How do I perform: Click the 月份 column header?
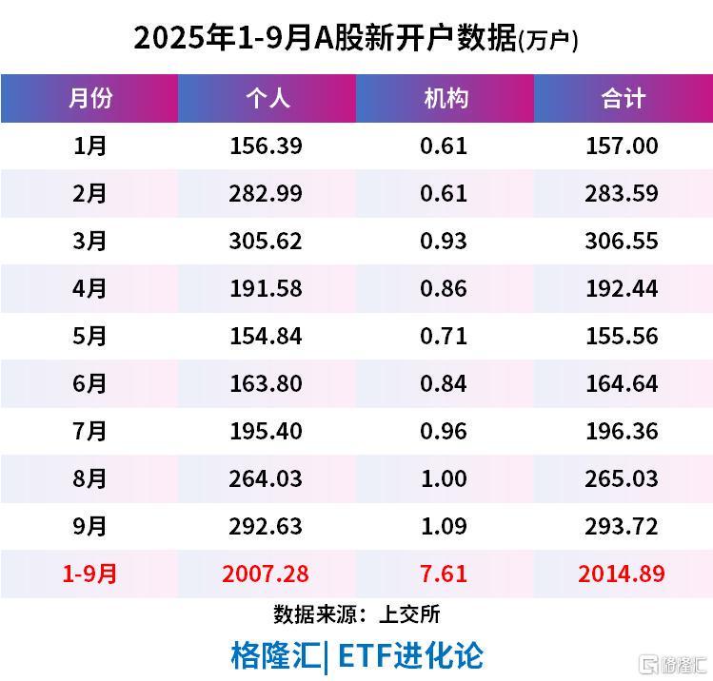pos(89,98)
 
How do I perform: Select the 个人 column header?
pos(267,98)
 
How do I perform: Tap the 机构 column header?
pos(445,98)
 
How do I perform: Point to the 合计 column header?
pos(624,98)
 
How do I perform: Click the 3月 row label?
pos(89,241)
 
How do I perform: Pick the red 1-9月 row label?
pos(89,574)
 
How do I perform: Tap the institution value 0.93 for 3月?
pos(444,241)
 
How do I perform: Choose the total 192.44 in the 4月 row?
pos(623,288)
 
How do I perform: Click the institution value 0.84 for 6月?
pos(444,383)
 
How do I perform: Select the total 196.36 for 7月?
pos(623,431)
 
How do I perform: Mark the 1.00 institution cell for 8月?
pos(444,478)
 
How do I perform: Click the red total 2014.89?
pos(623,574)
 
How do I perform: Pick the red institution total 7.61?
pos(444,574)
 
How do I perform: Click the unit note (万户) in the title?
pos(549,41)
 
